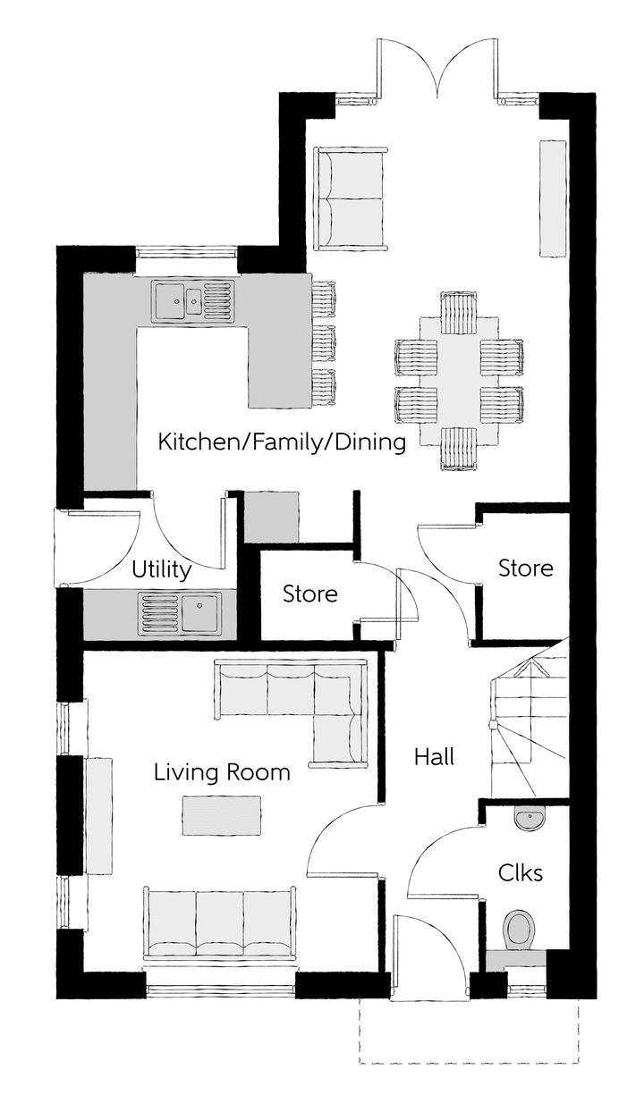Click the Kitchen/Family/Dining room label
click(282, 442)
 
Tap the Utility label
click(162, 569)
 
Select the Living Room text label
click(222, 771)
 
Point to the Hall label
click(434, 756)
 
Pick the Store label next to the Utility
click(310, 594)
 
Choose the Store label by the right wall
click(526, 568)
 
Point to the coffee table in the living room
click(222, 815)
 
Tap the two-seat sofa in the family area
click(351, 198)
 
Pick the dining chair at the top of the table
click(459, 312)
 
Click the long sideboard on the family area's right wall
click(553, 198)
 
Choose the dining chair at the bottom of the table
click(458, 449)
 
